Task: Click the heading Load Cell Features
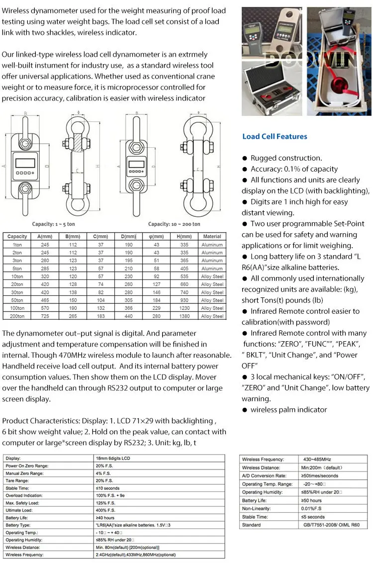point(275,136)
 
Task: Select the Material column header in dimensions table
point(212,237)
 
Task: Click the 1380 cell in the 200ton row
point(186,316)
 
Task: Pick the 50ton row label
point(17,300)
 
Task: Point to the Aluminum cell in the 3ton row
point(212,261)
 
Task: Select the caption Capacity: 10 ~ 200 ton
point(174,224)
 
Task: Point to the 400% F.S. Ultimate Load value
point(104,510)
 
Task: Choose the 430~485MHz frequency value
point(317,460)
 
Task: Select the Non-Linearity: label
point(257,509)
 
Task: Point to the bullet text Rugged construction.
point(286,158)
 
